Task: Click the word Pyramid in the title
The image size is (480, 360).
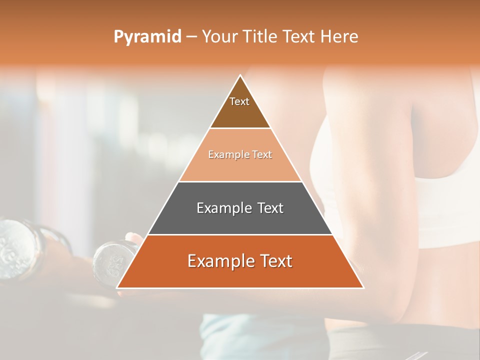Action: [x=147, y=37]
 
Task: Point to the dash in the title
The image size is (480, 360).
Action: [x=191, y=37]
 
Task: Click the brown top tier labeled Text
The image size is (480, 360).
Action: [x=239, y=107]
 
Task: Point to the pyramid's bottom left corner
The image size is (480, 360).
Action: [x=117, y=287]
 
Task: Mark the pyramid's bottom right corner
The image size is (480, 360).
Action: [x=363, y=287]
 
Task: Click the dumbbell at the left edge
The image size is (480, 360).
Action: [x=17, y=247]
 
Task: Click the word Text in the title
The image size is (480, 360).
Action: [x=299, y=37]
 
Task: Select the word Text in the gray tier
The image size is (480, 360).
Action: [x=270, y=208]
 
